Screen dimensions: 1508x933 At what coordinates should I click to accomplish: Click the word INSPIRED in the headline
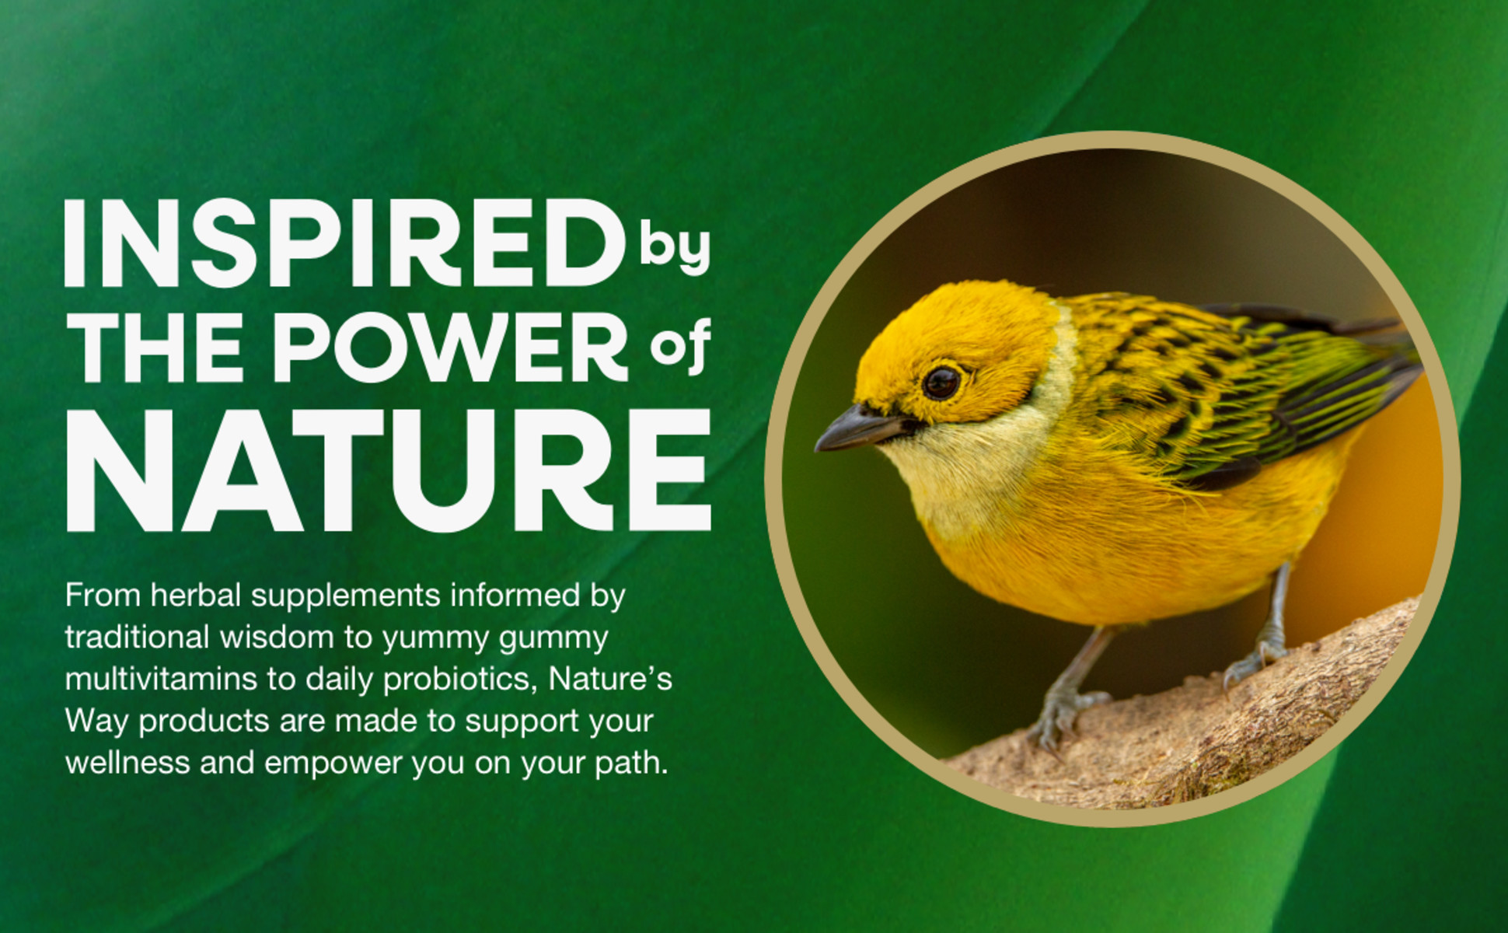pos(344,243)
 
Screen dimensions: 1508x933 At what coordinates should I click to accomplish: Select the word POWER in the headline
pos(449,347)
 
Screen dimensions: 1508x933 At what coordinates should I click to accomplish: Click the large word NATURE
pos(389,470)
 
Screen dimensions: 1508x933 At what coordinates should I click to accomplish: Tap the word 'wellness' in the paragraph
pos(127,764)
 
